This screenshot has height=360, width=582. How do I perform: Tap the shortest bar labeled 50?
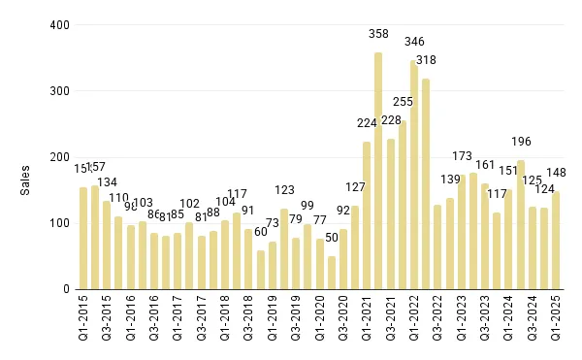[332, 273]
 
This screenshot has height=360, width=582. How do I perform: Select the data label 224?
[366, 123]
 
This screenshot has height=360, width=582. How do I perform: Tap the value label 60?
[261, 232]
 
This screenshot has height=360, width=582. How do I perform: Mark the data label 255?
[402, 102]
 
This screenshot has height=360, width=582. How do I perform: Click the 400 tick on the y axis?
[59, 25]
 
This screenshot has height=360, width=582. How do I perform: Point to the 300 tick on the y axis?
[59, 91]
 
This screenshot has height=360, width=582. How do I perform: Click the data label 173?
[462, 156]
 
